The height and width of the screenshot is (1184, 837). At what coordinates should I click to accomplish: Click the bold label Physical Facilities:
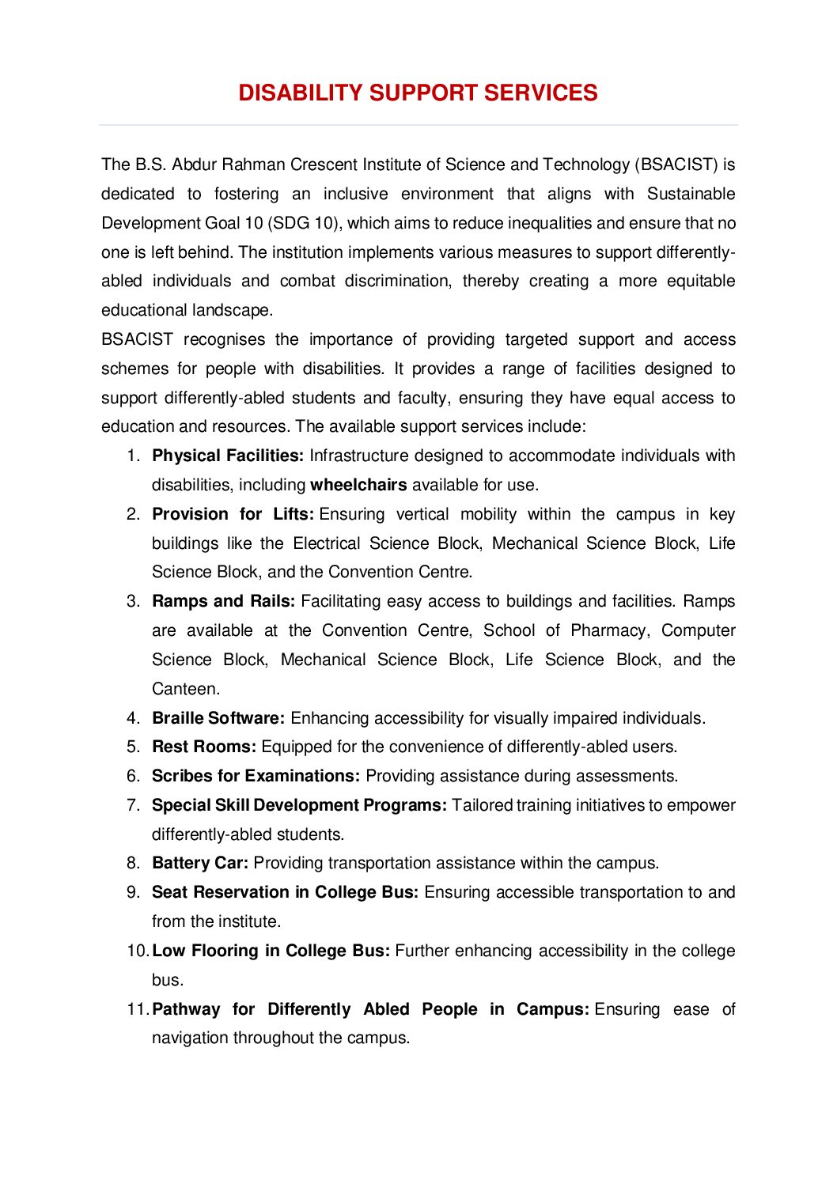[x=228, y=456]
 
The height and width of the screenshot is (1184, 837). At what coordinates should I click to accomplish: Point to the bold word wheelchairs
[x=358, y=485]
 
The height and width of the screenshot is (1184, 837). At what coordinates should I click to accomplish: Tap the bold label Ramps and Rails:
[x=223, y=601]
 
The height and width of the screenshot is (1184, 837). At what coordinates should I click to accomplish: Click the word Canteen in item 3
[x=184, y=689]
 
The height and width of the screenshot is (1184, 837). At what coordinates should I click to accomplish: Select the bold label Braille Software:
[x=218, y=718]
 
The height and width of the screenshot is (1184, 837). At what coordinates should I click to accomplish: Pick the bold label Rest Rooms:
[x=204, y=747]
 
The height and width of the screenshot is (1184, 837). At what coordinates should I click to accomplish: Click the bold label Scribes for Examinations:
[x=256, y=776]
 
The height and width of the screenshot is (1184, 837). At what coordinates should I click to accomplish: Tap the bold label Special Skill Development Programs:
[x=299, y=805]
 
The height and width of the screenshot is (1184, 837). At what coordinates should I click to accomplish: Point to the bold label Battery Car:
[x=200, y=863]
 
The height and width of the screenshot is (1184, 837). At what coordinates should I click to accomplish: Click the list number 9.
[x=132, y=892]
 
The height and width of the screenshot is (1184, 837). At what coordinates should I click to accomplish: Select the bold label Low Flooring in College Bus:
[x=271, y=951]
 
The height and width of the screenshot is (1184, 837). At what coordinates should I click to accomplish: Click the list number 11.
[x=137, y=1009]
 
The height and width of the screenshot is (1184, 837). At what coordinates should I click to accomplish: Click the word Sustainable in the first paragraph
[x=691, y=194]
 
